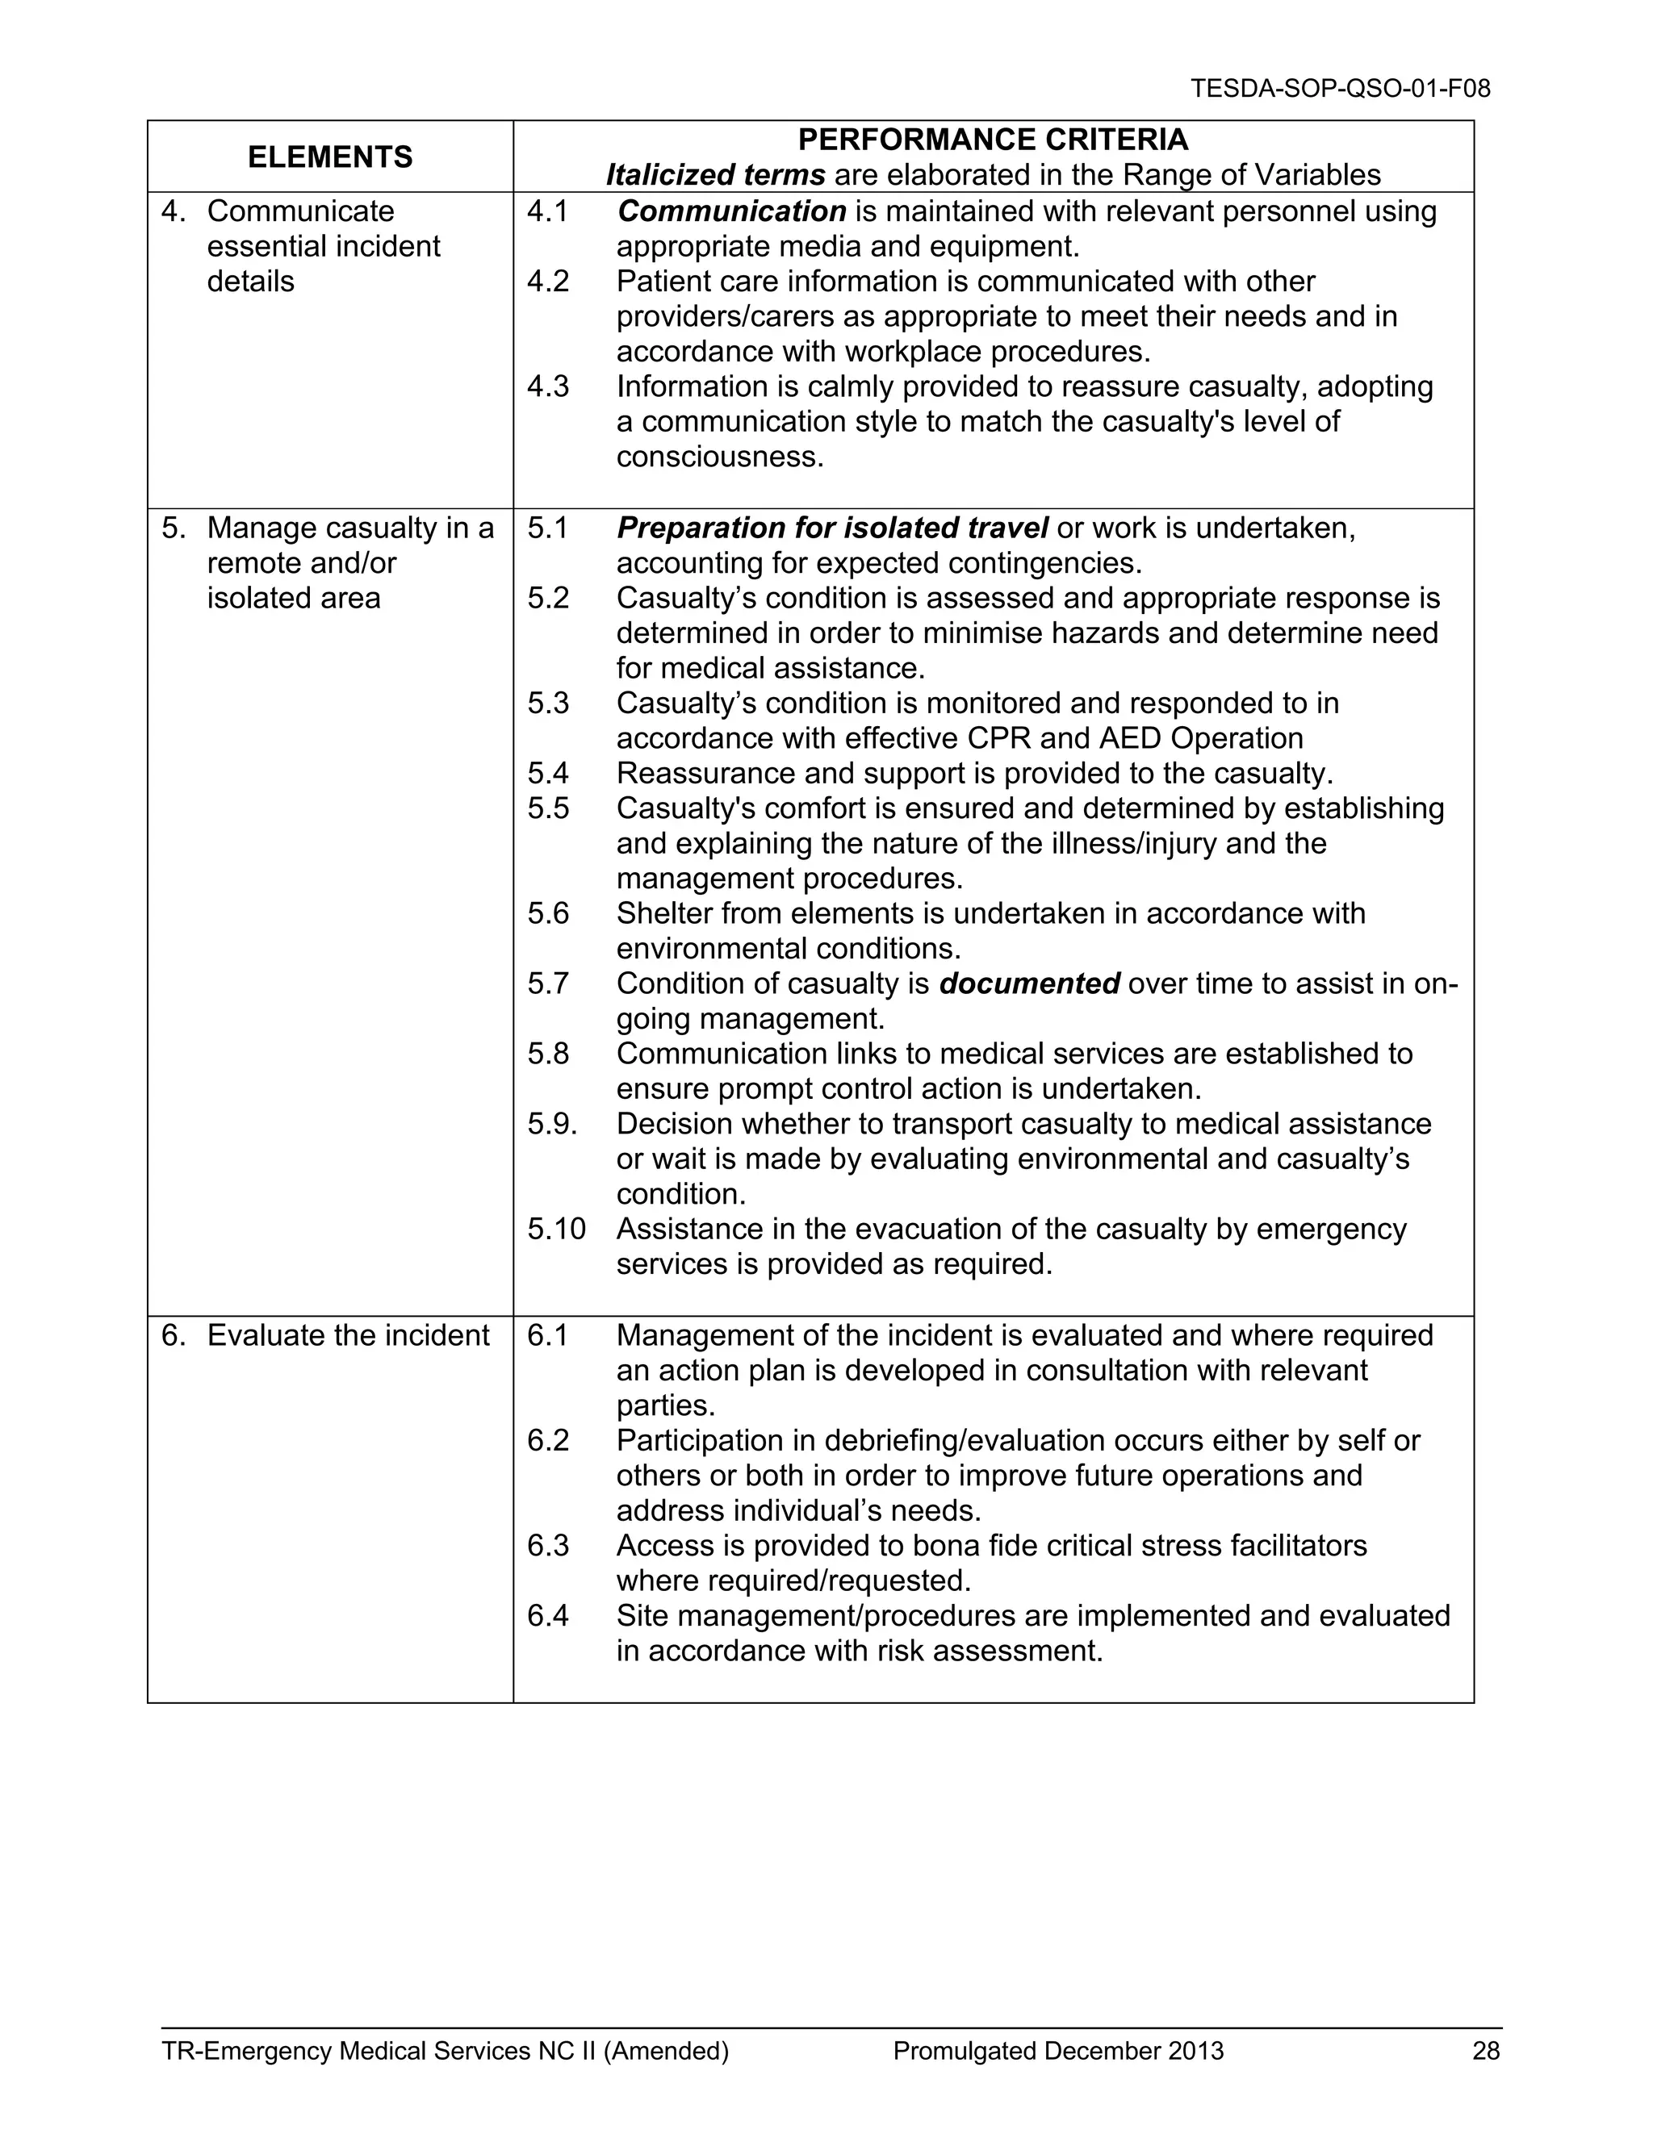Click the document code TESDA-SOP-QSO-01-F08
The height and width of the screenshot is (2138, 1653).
pyautogui.click(x=1340, y=89)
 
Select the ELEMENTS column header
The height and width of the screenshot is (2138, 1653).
pyautogui.click(x=330, y=157)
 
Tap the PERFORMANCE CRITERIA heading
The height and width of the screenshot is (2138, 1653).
pyautogui.click(x=992, y=140)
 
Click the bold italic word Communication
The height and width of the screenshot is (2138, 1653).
pyautogui.click(x=731, y=211)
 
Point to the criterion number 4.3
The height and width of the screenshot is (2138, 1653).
pyautogui.click(x=547, y=386)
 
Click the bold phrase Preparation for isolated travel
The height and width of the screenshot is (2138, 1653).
pyautogui.click(x=831, y=528)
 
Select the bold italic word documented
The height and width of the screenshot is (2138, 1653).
pyautogui.click(x=1028, y=983)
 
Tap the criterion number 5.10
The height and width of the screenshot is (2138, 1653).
pyautogui.click(x=556, y=1230)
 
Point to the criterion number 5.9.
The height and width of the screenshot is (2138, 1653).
pyautogui.click(x=552, y=1124)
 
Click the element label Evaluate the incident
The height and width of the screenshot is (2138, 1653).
pyautogui.click(x=348, y=1336)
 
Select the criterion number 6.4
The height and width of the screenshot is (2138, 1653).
pyautogui.click(x=547, y=1616)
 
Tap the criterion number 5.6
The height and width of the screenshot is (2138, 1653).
pyautogui.click(x=547, y=913)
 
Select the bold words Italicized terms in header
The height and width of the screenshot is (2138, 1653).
pyautogui.click(x=715, y=175)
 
